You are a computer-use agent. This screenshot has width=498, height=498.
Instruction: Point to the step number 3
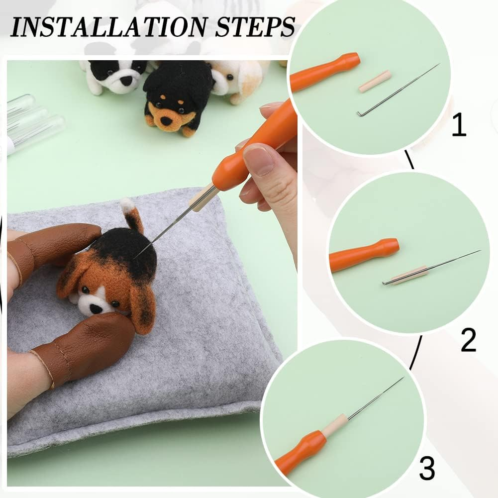tap(427, 468)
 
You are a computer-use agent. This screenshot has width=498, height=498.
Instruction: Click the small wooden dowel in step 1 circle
tap(375, 81)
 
